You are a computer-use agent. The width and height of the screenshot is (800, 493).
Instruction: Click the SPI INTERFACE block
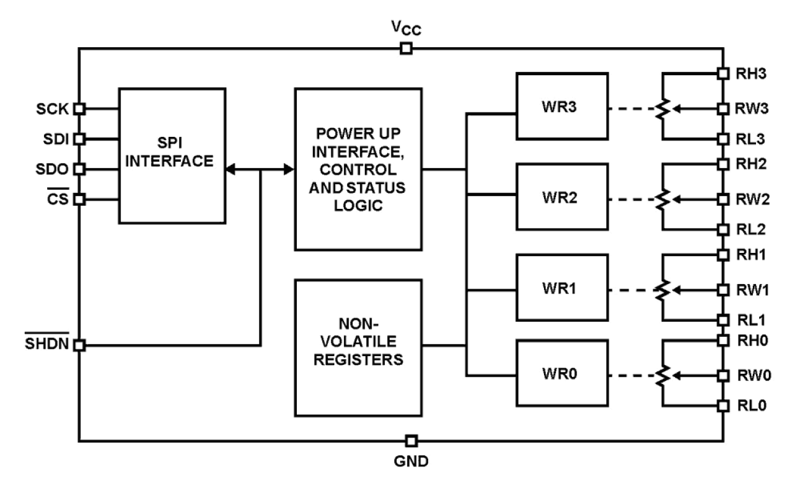pyautogui.click(x=171, y=155)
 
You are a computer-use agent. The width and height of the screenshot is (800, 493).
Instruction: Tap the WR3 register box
pyautogui.click(x=561, y=106)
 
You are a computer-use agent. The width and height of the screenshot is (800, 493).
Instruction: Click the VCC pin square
pyautogui.click(x=405, y=48)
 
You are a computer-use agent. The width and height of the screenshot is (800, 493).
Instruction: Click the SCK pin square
pyautogui.click(x=79, y=108)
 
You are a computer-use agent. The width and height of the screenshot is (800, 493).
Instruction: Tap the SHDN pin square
pyautogui.click(x=79, y=346)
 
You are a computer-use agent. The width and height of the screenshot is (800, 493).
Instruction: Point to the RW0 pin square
pyautogui.click(x=723, y=375)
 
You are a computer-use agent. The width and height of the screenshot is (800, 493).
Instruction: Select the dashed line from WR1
pyautogui.click(x=631, y=290)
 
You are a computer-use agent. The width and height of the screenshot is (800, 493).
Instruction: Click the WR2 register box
pyautogui.click(x=561, y=197)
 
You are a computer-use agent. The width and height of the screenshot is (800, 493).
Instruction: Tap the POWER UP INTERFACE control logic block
pyautogui.click(x=358, y=169)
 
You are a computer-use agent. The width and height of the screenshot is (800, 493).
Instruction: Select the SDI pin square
pyautogui.click(x=79, y=138)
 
